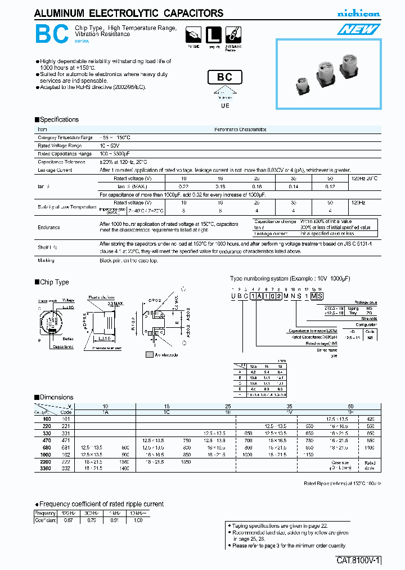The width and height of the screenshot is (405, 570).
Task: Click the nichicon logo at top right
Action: [358, 14]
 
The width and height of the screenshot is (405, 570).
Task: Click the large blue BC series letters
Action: [52, 35]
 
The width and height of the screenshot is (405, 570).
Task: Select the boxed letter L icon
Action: [213, 34]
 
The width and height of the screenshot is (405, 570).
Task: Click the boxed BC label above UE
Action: [224, 78]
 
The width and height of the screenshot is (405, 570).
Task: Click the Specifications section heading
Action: [57, 119]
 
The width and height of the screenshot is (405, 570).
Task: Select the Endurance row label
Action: [49, 227]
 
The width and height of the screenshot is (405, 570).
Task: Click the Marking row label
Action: [46, 260]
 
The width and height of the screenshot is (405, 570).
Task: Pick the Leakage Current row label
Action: [55, 170]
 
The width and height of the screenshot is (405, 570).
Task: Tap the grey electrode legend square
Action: [149, 355]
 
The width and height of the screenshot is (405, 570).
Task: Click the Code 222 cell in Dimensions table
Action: [66, 461]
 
